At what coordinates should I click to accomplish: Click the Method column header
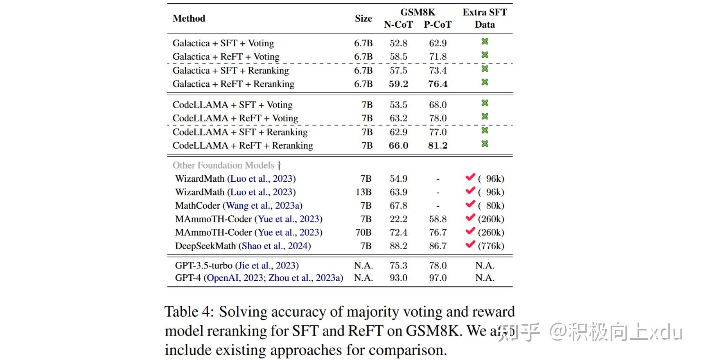point(189,18)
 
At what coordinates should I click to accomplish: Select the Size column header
point(363,18)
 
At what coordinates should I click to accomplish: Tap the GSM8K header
point(418,12)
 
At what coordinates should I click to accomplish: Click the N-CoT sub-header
point(398,25)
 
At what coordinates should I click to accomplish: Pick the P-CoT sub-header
point(437,25)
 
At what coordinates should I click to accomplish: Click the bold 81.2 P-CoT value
point(437,145)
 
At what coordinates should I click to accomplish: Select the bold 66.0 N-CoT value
point(398,145)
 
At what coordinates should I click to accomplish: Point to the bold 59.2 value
point(398,84)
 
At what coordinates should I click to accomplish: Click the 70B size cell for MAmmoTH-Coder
point(363,232)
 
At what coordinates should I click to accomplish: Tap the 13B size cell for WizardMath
point(363,192)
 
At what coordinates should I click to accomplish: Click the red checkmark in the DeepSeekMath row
point(470,245)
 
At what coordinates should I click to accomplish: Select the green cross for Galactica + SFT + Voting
point(485,41)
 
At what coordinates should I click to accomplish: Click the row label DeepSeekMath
point(205,246)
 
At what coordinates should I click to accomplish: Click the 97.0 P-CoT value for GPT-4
point(437,278)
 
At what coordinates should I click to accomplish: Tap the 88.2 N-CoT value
point(398,246)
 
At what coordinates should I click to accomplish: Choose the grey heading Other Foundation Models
point(223,165)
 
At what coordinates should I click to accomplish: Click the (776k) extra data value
point(491,246)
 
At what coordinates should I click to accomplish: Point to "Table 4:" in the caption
point(189,312)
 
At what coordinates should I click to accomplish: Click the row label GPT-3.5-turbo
point(203,265)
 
